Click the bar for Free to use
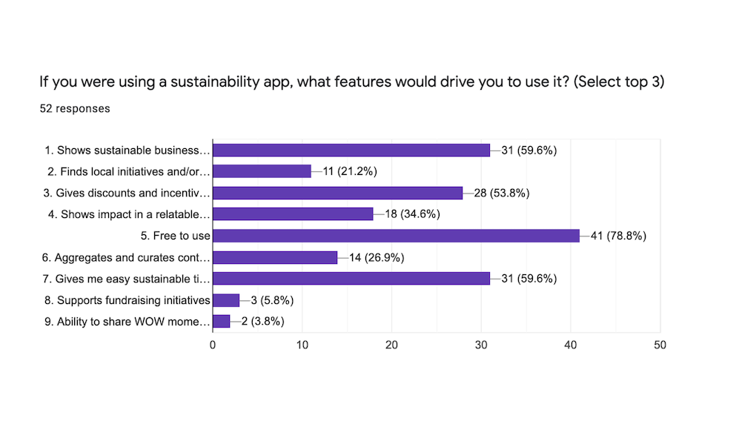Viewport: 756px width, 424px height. [396, 236]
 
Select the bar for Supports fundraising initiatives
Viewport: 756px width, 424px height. [226, 300]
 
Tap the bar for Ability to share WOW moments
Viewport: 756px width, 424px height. [222, 322]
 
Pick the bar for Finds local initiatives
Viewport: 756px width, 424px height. [262, 171]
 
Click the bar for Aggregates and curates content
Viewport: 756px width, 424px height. [275, 257]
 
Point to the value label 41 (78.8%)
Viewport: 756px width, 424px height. [618, 236]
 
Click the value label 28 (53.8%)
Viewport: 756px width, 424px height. [501, 193]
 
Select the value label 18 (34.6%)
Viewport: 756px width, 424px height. [411, 214]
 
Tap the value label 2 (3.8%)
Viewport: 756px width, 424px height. [257, 322]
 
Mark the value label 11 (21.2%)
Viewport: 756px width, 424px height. [349, 171]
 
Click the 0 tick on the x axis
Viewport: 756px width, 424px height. [213, 345]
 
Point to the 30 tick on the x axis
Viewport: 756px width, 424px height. [481, 345]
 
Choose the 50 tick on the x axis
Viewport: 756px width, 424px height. [660, 345]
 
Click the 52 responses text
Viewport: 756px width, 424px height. [75, 108]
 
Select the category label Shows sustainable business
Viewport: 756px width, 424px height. [127, 150]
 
